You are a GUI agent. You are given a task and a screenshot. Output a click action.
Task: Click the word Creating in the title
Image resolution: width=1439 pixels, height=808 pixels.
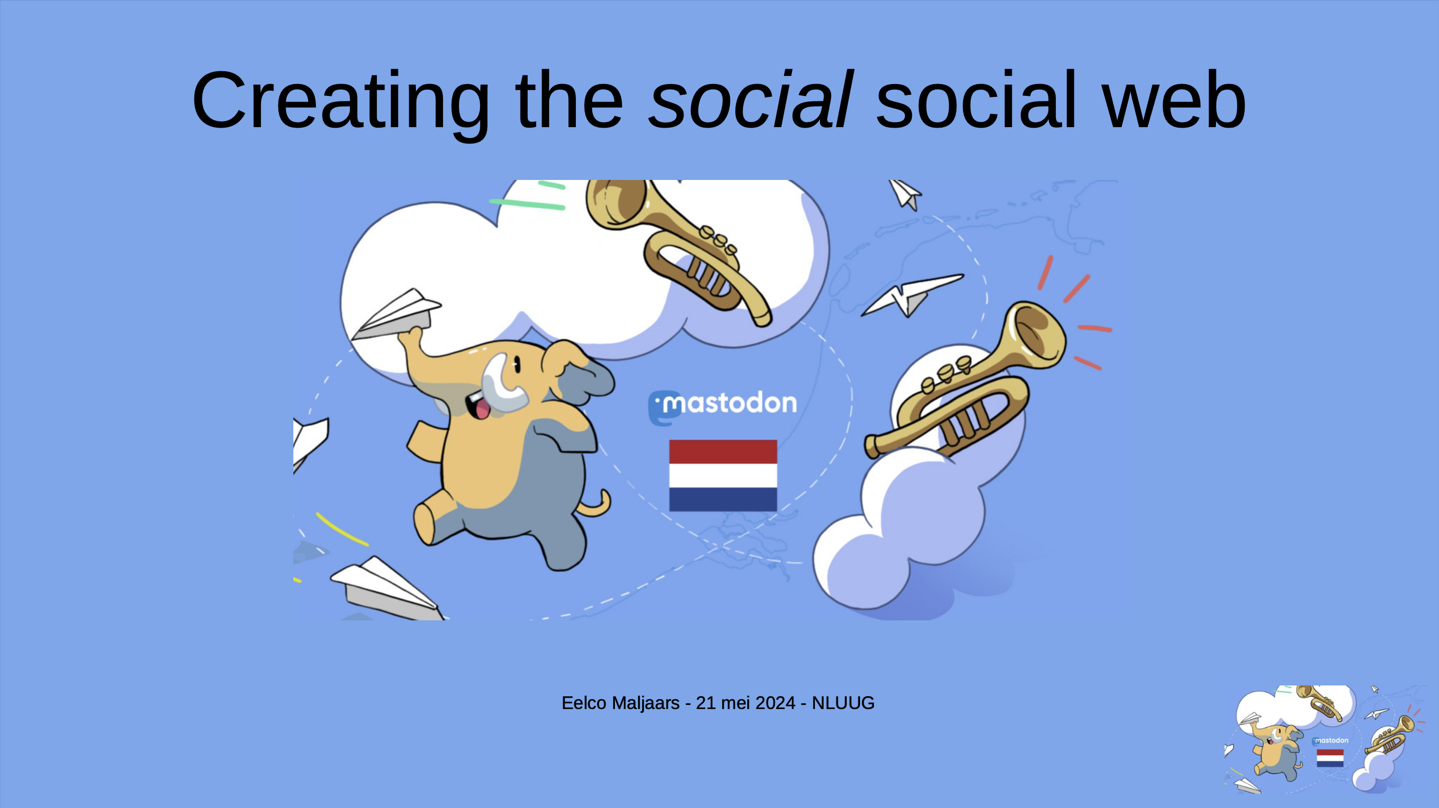[x=341, y=100]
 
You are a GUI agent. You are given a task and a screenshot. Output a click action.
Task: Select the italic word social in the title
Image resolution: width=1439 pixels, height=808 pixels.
[x=750, y=100]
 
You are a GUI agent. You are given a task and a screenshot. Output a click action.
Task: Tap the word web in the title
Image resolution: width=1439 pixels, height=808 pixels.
[x=1174, y=100]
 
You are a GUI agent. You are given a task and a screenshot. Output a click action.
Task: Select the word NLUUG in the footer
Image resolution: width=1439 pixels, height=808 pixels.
[x=843, y=703]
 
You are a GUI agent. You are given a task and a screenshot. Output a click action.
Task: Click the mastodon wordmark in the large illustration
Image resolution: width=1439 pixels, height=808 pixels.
[x=724, y=403]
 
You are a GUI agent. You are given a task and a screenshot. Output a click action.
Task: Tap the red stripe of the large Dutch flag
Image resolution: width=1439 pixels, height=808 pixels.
[x=723, y=452]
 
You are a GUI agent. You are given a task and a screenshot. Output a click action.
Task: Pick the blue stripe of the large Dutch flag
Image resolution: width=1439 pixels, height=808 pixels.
[x=723, y=499]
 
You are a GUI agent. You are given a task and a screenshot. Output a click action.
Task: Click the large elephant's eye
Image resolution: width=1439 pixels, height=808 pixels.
[x=517, y=365]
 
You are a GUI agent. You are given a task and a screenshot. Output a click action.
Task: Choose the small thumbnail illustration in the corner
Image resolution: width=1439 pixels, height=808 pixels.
[x=1324, y=740]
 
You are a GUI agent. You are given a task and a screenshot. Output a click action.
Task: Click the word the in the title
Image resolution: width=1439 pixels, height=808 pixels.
[x=569, y=100]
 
